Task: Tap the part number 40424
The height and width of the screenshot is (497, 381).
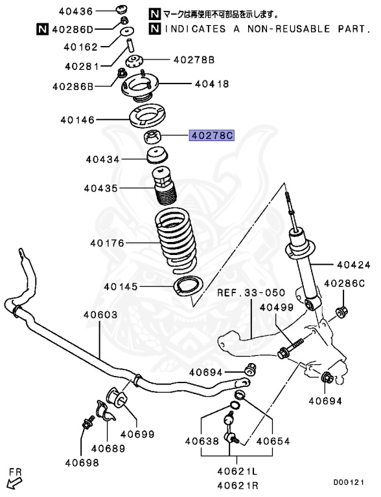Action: (x=352, y=265)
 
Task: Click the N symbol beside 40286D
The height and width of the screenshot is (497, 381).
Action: (x=41, y=28)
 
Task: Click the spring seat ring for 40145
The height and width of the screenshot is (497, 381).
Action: (x=187, y=285)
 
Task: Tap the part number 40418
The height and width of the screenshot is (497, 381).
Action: (x=211, y=83)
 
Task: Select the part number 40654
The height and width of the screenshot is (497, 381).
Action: (x=273, y=442)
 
